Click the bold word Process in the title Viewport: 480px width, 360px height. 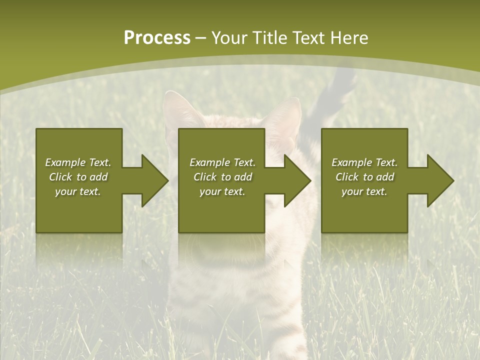click(157, 38)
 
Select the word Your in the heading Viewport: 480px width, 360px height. click(230, 38)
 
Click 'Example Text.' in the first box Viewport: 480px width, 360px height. click(78, 162)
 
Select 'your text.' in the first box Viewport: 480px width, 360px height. click(78, 191)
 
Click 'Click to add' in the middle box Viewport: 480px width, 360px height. click(222, 177)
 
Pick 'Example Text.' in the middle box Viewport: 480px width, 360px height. click(222, 162)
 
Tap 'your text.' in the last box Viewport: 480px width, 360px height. click(364, 191)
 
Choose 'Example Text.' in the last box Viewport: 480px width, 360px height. click(364, 162)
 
